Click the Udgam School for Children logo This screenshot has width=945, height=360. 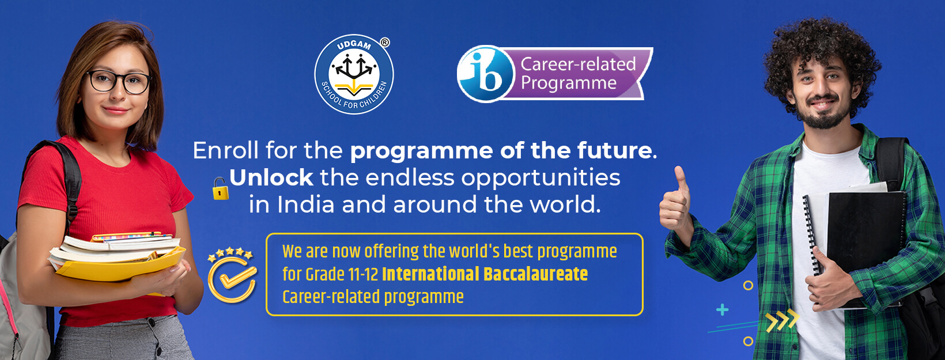[354, 74]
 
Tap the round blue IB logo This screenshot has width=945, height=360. [486, 74]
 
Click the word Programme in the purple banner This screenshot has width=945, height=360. [569, 84]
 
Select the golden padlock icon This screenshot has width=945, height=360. [220, 188]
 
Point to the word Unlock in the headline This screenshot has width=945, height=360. [271, 178]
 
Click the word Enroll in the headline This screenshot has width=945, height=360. [226, 150]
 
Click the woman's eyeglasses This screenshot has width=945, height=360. [119, 82]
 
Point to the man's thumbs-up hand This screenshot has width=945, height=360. [675, 199]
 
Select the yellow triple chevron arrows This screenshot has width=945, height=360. [783, 320]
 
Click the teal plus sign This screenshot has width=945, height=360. [722, 310]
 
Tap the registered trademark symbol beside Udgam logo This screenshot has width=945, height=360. [385, 42]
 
